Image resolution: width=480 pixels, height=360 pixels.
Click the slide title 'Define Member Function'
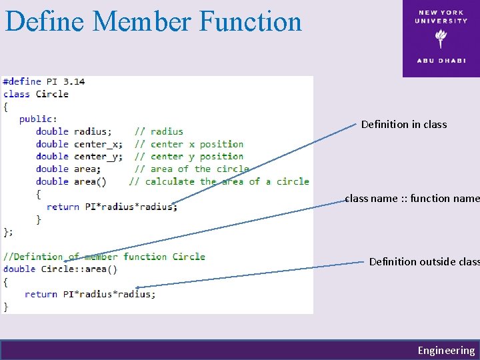153,21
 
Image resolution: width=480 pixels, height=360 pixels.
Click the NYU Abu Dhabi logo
441,39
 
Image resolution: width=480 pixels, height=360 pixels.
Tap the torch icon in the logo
441,39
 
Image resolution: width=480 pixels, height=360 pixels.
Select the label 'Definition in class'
404,125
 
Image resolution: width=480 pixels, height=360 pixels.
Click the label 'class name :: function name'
412,198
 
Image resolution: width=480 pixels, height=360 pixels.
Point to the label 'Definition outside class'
424,262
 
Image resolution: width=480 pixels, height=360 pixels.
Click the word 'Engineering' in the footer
446,351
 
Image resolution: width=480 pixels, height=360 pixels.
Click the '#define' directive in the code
22,81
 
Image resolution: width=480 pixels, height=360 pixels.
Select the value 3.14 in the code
74,81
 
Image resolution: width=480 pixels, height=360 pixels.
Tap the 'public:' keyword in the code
38,119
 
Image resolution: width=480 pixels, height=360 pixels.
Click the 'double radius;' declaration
74,132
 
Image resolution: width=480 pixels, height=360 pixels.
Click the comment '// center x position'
189,144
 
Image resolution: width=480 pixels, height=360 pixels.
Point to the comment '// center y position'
189,157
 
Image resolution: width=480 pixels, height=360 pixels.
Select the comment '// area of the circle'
191,169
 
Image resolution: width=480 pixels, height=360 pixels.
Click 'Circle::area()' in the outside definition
79,269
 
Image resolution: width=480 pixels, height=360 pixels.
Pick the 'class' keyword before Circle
17,94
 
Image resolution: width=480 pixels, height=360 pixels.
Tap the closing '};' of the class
8,232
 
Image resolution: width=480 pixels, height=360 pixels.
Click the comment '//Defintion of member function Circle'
104,257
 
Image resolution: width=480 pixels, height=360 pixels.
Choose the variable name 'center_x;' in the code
98,144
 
